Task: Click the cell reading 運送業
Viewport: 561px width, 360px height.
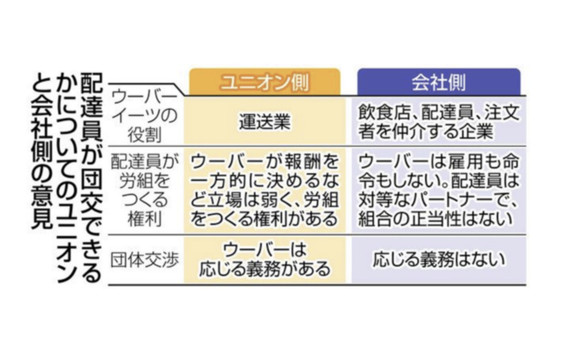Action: (265, 122)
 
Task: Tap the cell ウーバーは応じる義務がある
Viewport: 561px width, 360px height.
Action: (264, 260)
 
